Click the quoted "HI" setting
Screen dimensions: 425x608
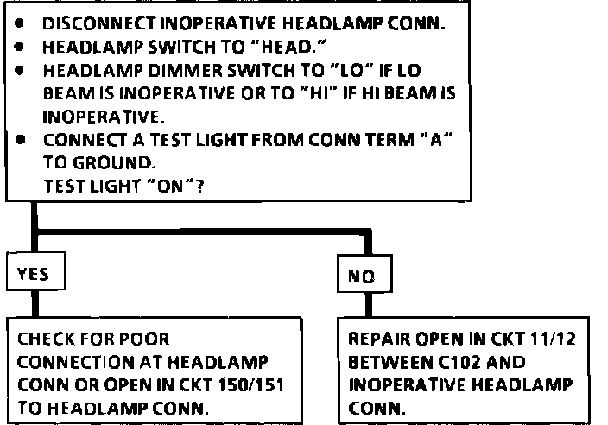[324, 92]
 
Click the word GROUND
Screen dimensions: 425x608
[95, 160]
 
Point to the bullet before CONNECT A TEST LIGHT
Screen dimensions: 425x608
[18, 137]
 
